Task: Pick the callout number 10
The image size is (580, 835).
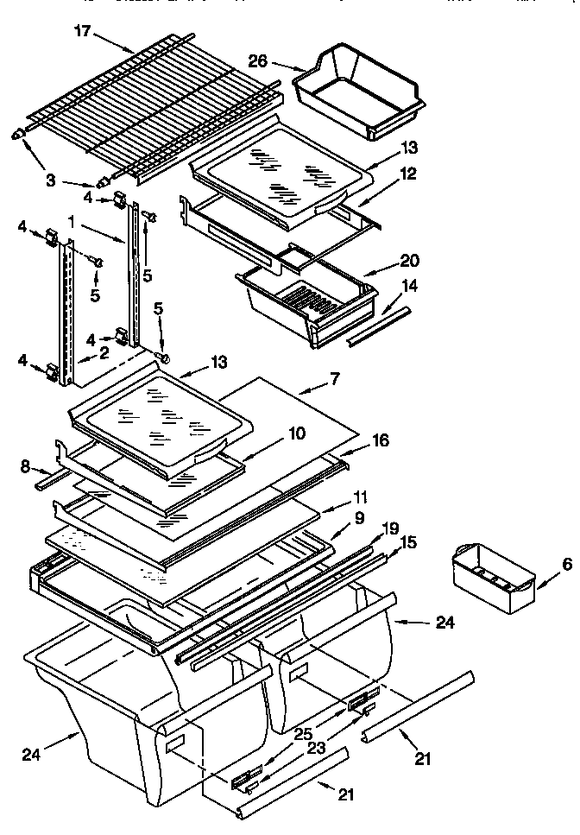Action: (x=296, y=433)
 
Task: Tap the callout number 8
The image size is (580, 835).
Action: (x=26, y=467)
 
